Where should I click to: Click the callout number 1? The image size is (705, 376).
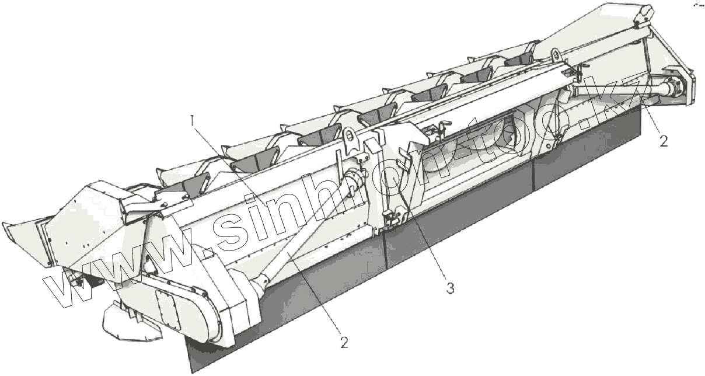click(x=193, y=121)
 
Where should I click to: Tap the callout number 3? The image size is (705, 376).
click(x=451, y=288)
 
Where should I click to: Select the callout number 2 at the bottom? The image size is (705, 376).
click(x=344, y=343)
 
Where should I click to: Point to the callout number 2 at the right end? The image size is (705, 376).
click(x=664, y=141)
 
